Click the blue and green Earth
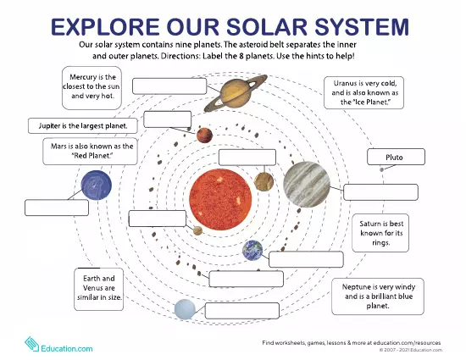pos(252,250)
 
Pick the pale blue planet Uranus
pos(185,310)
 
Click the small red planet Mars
pos(204,136)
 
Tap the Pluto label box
pos(393,157)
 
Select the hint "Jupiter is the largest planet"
pos(83,125)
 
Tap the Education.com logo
pos(58,344)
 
